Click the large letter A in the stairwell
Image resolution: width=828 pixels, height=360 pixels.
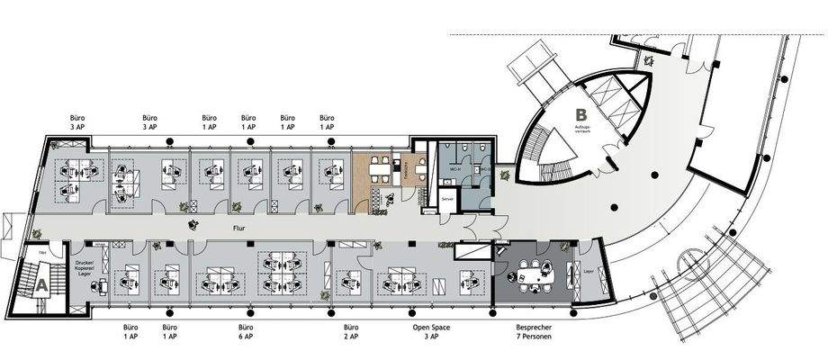click(x=40, y=283)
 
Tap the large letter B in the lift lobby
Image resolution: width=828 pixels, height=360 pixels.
click(x=581, y=115)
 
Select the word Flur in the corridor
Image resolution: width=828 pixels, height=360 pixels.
click(x=239, y=229)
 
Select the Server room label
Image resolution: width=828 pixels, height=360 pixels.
click(x=447, y=198)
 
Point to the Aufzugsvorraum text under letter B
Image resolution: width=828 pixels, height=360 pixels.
click(x=581, y=132)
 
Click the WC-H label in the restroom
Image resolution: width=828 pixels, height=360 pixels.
click(x=455, y=169)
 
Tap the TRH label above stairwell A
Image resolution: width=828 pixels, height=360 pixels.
click(x=41, y=255)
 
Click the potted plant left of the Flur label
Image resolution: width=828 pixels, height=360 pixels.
click(x=192, y=226)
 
